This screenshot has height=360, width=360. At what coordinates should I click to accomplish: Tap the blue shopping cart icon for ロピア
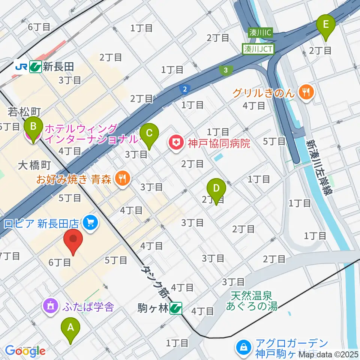pos(90,223)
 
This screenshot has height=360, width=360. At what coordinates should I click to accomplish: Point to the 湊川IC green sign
pos(259,33)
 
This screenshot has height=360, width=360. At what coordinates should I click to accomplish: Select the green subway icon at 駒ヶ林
pos(175,309)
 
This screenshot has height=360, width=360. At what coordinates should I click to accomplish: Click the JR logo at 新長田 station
pos(21,66)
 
